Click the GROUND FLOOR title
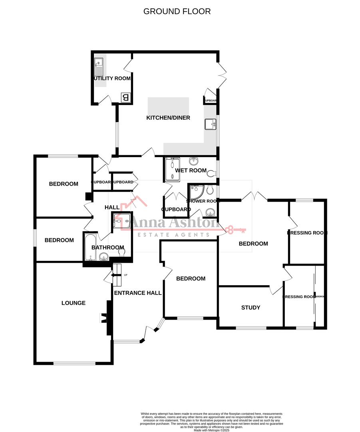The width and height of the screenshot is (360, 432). (177, 11)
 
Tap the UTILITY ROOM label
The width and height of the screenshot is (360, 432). (112, 78)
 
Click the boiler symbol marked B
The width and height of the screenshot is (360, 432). (125, 97)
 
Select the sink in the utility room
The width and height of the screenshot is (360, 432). (98, 67)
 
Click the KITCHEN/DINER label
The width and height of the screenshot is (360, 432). (168, 118)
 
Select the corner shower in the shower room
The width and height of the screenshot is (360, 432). (196, 193)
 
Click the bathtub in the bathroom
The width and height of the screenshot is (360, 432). (88, 248)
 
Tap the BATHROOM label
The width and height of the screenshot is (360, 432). (107, 248)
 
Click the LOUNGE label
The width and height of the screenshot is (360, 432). (74, 303)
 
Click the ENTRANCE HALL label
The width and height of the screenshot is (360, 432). (138, 293)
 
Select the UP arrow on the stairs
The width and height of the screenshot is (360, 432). (118, 275)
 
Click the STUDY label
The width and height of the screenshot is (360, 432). (251, 308)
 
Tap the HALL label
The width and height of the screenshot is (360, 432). (112, 207)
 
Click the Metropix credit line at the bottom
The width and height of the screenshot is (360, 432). (212, 430)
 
